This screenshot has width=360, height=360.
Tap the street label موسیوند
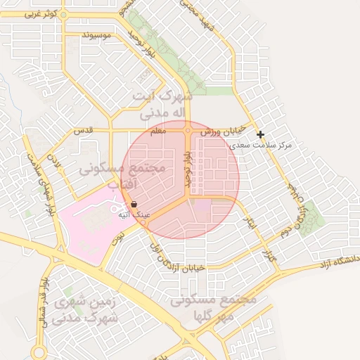[97, 35]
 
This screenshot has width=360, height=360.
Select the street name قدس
[84, 131]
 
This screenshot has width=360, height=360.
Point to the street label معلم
[158, 131]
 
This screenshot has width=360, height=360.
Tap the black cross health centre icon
[260, 134]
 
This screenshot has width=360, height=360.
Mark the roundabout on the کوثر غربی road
[63, 14]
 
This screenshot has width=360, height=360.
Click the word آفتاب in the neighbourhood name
[126, 184]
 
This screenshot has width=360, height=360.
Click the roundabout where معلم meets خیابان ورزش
[188, 131]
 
